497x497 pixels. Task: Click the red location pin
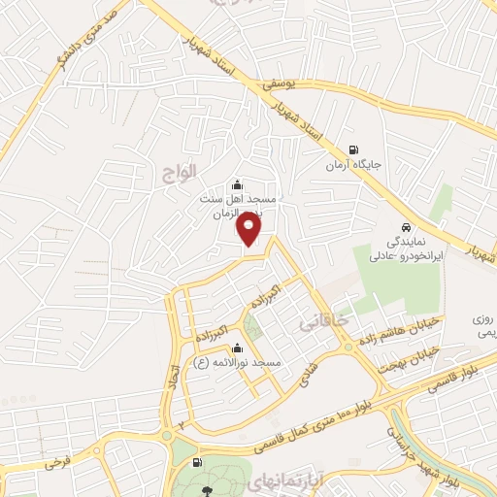coord(250,230)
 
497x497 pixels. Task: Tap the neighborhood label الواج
coord(179,170)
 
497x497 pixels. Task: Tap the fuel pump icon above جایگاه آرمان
coord(351,150)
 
